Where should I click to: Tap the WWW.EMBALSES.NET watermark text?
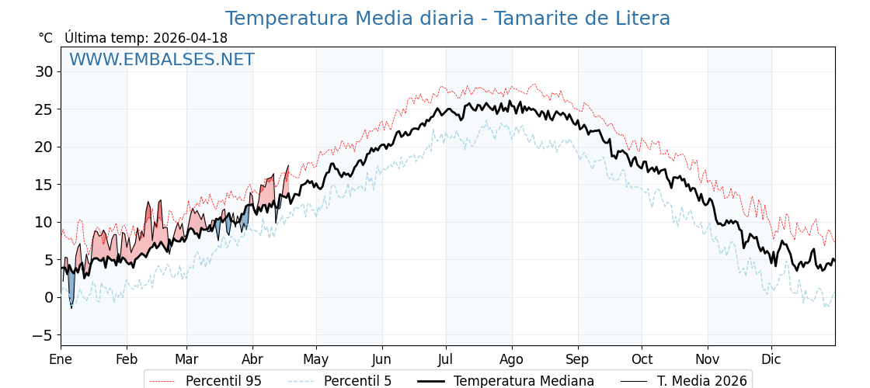coord(162,60)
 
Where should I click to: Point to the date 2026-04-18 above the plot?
coord(190,38)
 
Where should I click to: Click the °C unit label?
coord(46,38)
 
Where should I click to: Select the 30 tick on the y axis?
coord(43,72)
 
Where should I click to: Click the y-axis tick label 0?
coord(48,297)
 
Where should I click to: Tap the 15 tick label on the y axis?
coord(43,185)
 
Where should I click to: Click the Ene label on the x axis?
coord(61,359)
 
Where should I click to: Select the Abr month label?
coord(252,359)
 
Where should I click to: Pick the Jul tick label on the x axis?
coord(446,359)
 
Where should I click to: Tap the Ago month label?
coord(512,359)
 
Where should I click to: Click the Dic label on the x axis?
coord(771,359)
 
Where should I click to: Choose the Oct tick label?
coord(642,359)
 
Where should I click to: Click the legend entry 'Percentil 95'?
coord(224,381)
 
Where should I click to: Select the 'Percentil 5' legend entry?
coord(357,381)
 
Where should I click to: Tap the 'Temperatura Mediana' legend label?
coord(524,381)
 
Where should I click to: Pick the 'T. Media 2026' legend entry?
coord(702,381)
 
